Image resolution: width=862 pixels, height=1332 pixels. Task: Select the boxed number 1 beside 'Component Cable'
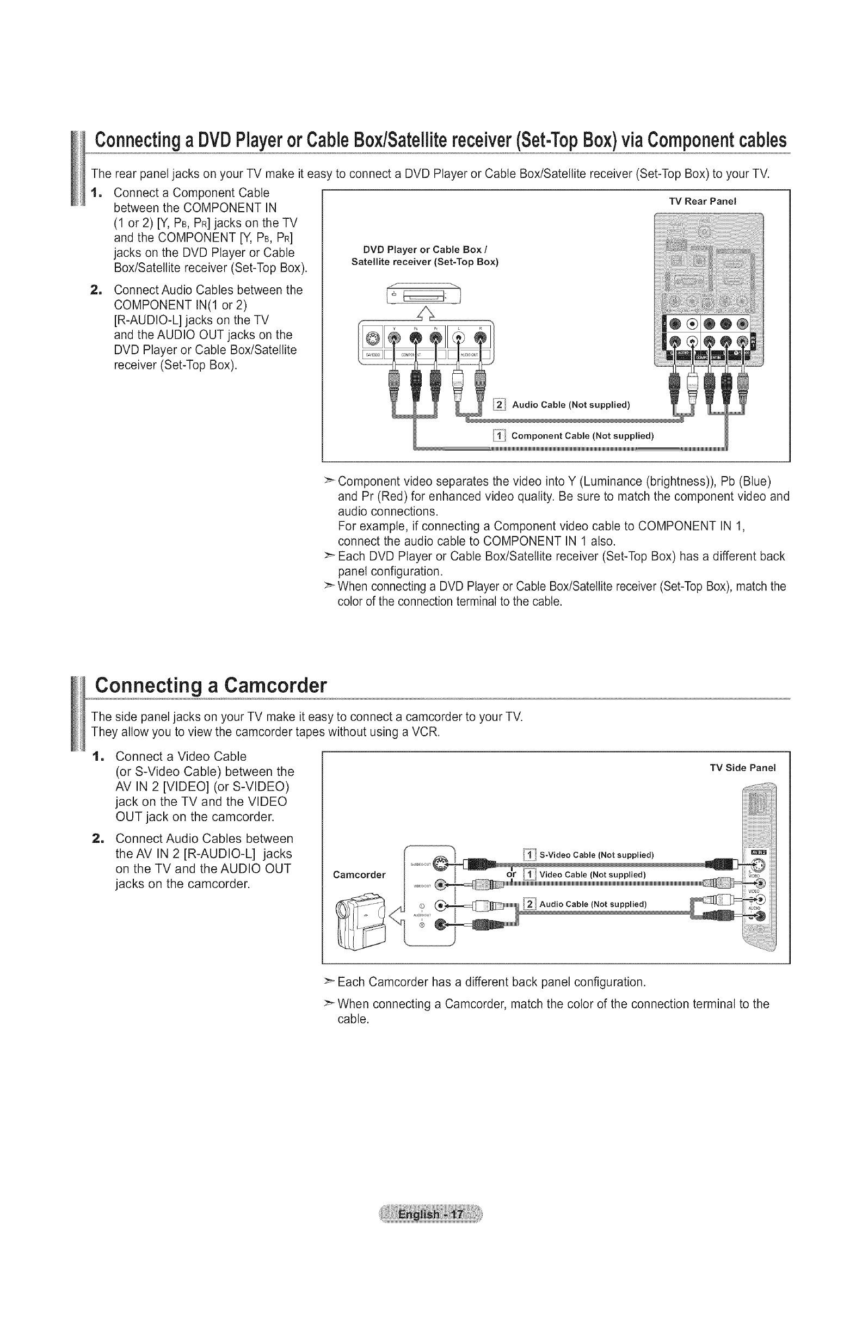[498, 436]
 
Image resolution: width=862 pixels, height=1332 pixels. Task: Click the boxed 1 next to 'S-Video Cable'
[529, 855]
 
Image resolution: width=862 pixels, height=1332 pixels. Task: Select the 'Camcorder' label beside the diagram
[359, 875]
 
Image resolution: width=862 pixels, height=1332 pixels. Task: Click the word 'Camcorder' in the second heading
[274, 685]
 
